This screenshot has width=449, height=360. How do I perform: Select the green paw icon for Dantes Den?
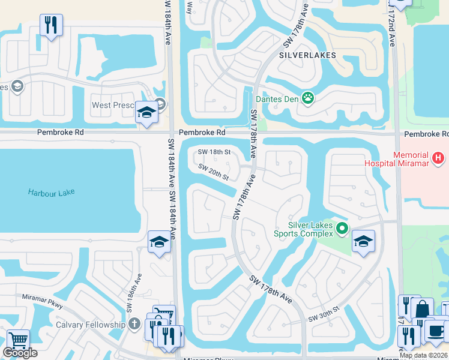click(x=308, y=98)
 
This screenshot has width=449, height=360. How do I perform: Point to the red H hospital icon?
click(x=439, y=158)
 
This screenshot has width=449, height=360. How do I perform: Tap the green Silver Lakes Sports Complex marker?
click(x=342, y=228)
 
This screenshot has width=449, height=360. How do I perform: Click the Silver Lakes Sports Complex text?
click(x=303, y=228)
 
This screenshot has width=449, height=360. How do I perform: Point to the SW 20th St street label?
click(x=214, y=173)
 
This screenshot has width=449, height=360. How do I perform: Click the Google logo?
click(x=20, y=353)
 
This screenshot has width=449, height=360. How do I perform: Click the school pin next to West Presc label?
click(x=146, y=112)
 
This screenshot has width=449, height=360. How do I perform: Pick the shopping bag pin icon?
click(x=422, y=310)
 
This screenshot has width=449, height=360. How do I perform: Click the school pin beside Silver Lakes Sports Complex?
click(x=363, y=241)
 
